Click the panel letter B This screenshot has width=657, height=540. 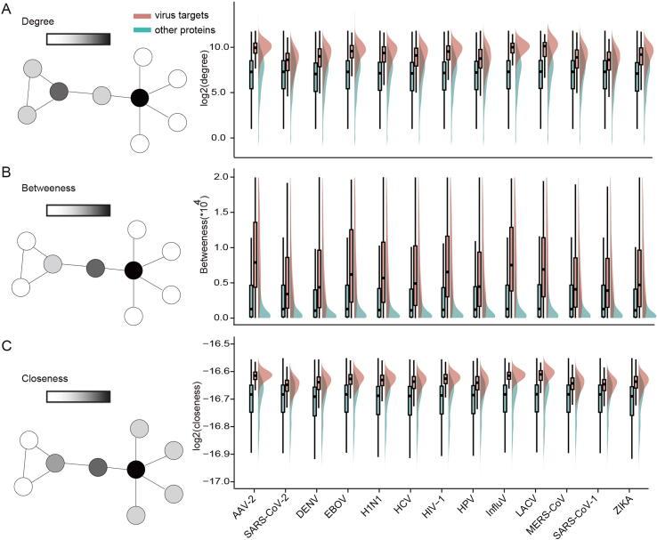point(7,167)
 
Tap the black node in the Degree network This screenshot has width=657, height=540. point(139,97)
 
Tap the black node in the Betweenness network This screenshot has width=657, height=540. point(134,269)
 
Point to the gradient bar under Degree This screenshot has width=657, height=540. point(78,39)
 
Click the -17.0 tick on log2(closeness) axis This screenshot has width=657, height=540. point(219,481)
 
